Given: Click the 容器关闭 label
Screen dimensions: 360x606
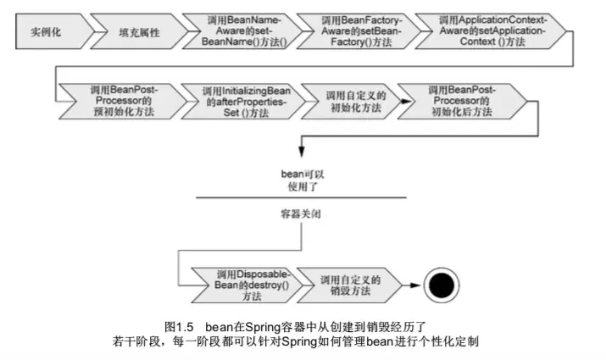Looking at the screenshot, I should tap(303, 215).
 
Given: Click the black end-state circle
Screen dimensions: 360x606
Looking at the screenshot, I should tap(442, 286).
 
